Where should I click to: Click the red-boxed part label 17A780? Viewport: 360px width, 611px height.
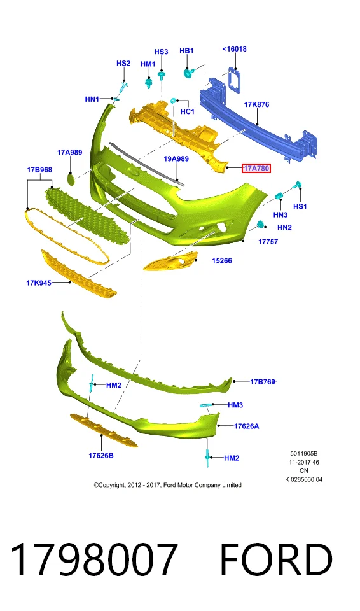tap(256, 168)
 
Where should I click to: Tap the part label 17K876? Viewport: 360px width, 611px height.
tap(256, 104)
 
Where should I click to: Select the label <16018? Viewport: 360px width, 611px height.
tap(235, 49)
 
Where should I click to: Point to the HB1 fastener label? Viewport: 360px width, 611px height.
tap(186, 51)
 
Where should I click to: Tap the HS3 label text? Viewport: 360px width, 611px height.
tap(161, 52)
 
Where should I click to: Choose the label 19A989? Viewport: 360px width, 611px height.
tap(176, 159)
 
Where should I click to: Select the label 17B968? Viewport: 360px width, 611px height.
tap(39, 170)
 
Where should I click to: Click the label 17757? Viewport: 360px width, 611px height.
tap(268, 242)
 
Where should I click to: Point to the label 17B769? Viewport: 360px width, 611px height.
tap(263, 382)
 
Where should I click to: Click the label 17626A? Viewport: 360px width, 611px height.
tap(246, 426)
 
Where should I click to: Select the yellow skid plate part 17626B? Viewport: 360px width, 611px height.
tap(103, 430)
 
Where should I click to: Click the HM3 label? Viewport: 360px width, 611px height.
tap(235, 405)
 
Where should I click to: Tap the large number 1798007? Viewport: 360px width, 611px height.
tap(94, 559)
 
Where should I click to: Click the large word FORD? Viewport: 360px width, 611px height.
tap(276, 559)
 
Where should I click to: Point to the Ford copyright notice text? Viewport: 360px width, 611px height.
tap(167, 485)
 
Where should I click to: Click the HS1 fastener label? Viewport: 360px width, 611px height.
tap(300, 206)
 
